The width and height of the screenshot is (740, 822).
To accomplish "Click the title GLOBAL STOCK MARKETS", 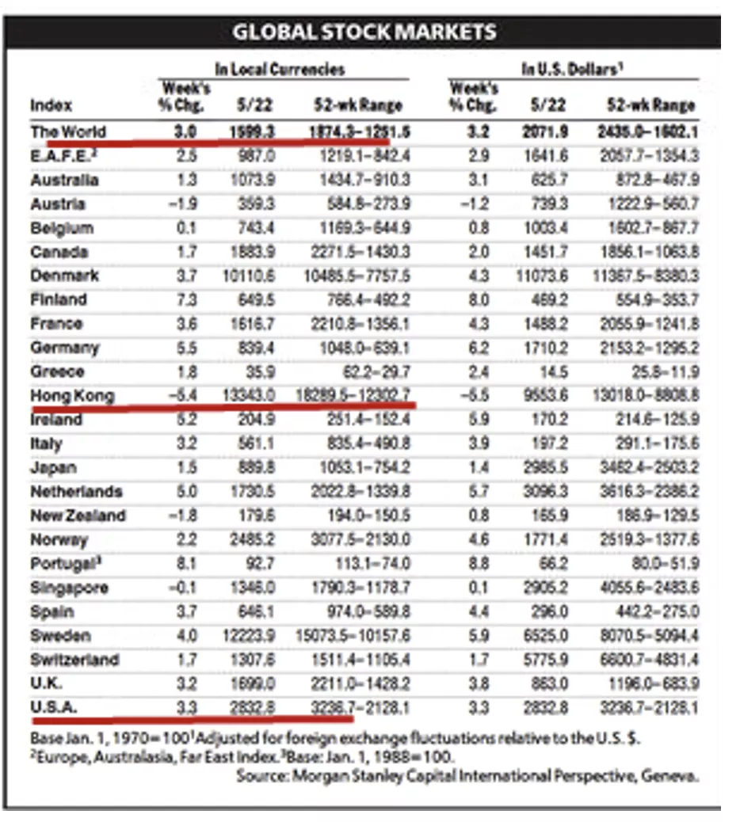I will click(x=364, y=32).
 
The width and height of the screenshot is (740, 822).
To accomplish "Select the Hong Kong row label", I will click(x=72, y=395).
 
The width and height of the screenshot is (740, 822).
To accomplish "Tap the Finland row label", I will click(x=59, y=300).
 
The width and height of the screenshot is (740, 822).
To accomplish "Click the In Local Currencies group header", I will click(x=280, y=70).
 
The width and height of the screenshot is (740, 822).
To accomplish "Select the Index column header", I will click(x=51, y=105).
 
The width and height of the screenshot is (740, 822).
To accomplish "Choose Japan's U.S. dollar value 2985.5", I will click(x=547, y=467).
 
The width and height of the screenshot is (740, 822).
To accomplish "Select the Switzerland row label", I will click(x=74, y=660).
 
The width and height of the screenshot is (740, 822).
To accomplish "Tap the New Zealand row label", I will click(x=78, y=516).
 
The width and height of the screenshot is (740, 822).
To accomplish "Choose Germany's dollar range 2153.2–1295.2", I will click(x=647, y=348).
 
